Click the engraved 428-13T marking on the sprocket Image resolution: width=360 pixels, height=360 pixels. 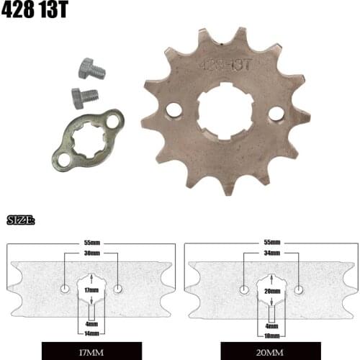pos(225,64)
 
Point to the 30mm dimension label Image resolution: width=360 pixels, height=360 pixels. pos(91,253)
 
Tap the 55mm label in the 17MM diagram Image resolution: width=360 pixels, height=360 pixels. pos(91,243)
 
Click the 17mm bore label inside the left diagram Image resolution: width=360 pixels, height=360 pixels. pos(91,289)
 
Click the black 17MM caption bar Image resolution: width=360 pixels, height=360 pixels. pos(91,352)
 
